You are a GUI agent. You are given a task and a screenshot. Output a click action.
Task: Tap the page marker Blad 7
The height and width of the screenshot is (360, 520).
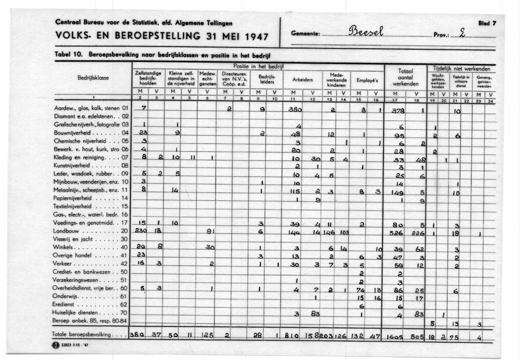click(487, 23)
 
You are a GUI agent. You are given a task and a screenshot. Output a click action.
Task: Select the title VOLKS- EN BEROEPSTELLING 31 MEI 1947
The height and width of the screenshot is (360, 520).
click(162, 36)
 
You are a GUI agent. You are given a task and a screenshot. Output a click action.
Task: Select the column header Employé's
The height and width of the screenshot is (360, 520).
click(367, 81)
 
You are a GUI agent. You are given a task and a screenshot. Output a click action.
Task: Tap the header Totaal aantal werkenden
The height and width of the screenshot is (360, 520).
click(405, 77)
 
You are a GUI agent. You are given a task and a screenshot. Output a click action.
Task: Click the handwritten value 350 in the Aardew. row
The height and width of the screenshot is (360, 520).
click(296, 109)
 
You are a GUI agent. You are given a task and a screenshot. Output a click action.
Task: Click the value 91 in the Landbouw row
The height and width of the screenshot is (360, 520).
click(208, 232)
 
